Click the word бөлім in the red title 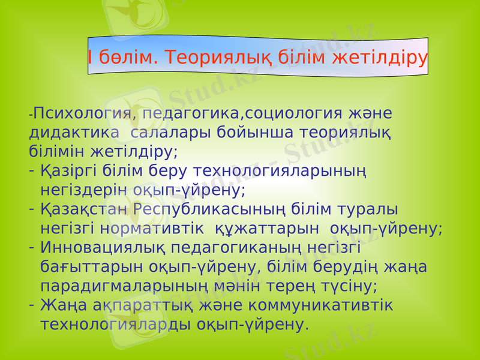click(125, 58)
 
